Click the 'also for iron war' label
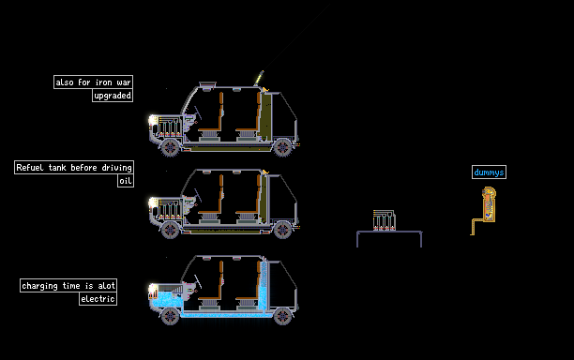coord(94,82)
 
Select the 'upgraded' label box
coord(113,96)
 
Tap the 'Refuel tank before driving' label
coord(74,167)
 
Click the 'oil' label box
coord(126,181)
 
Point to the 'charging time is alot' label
coord(68,285)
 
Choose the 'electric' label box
coord(98,298)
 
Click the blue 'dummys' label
coord(489,172)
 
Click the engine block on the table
coord(384,220)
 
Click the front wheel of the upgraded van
coord(170,148)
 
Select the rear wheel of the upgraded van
coord(282,148)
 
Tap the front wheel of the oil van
coord(170,230)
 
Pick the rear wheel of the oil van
coord(282,230)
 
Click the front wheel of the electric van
coord(170,316)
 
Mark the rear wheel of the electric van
coord(282,316)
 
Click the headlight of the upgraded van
coord(153,120)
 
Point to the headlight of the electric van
coord(153,289)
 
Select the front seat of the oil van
coord(212,198)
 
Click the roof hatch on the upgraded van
coord(207,85)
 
